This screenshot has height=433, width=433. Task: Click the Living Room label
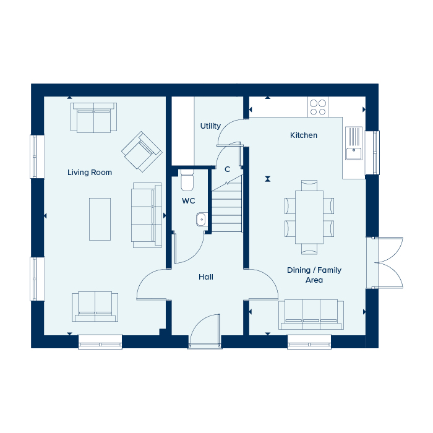coord(90,173)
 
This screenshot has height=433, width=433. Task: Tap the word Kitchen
coord(304,135)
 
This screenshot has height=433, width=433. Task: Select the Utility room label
coord(210,126)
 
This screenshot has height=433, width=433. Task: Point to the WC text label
coord(188,201)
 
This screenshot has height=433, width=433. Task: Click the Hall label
coord(206,277)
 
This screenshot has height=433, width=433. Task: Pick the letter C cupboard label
coord(227,169)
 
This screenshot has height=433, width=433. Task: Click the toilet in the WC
coord(187,181)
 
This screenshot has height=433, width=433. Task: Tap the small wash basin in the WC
coord(202,220)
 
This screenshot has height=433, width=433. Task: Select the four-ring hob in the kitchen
coord(318,107)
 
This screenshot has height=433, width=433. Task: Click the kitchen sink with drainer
coord(354,143)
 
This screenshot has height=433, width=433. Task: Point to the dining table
coord(309,217)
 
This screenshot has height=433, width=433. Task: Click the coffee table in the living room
coord(100,219)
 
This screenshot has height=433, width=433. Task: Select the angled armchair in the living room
coord(142,152)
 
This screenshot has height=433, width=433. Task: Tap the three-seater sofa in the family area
coord(311,314)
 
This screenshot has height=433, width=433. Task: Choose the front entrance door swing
coord(205,330)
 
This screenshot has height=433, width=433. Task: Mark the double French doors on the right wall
coord(385,263)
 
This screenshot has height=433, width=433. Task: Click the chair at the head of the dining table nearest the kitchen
coord(309,186)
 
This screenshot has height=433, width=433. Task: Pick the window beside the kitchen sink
coord(372,152)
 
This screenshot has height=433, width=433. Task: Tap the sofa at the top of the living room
coord(93,118)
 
